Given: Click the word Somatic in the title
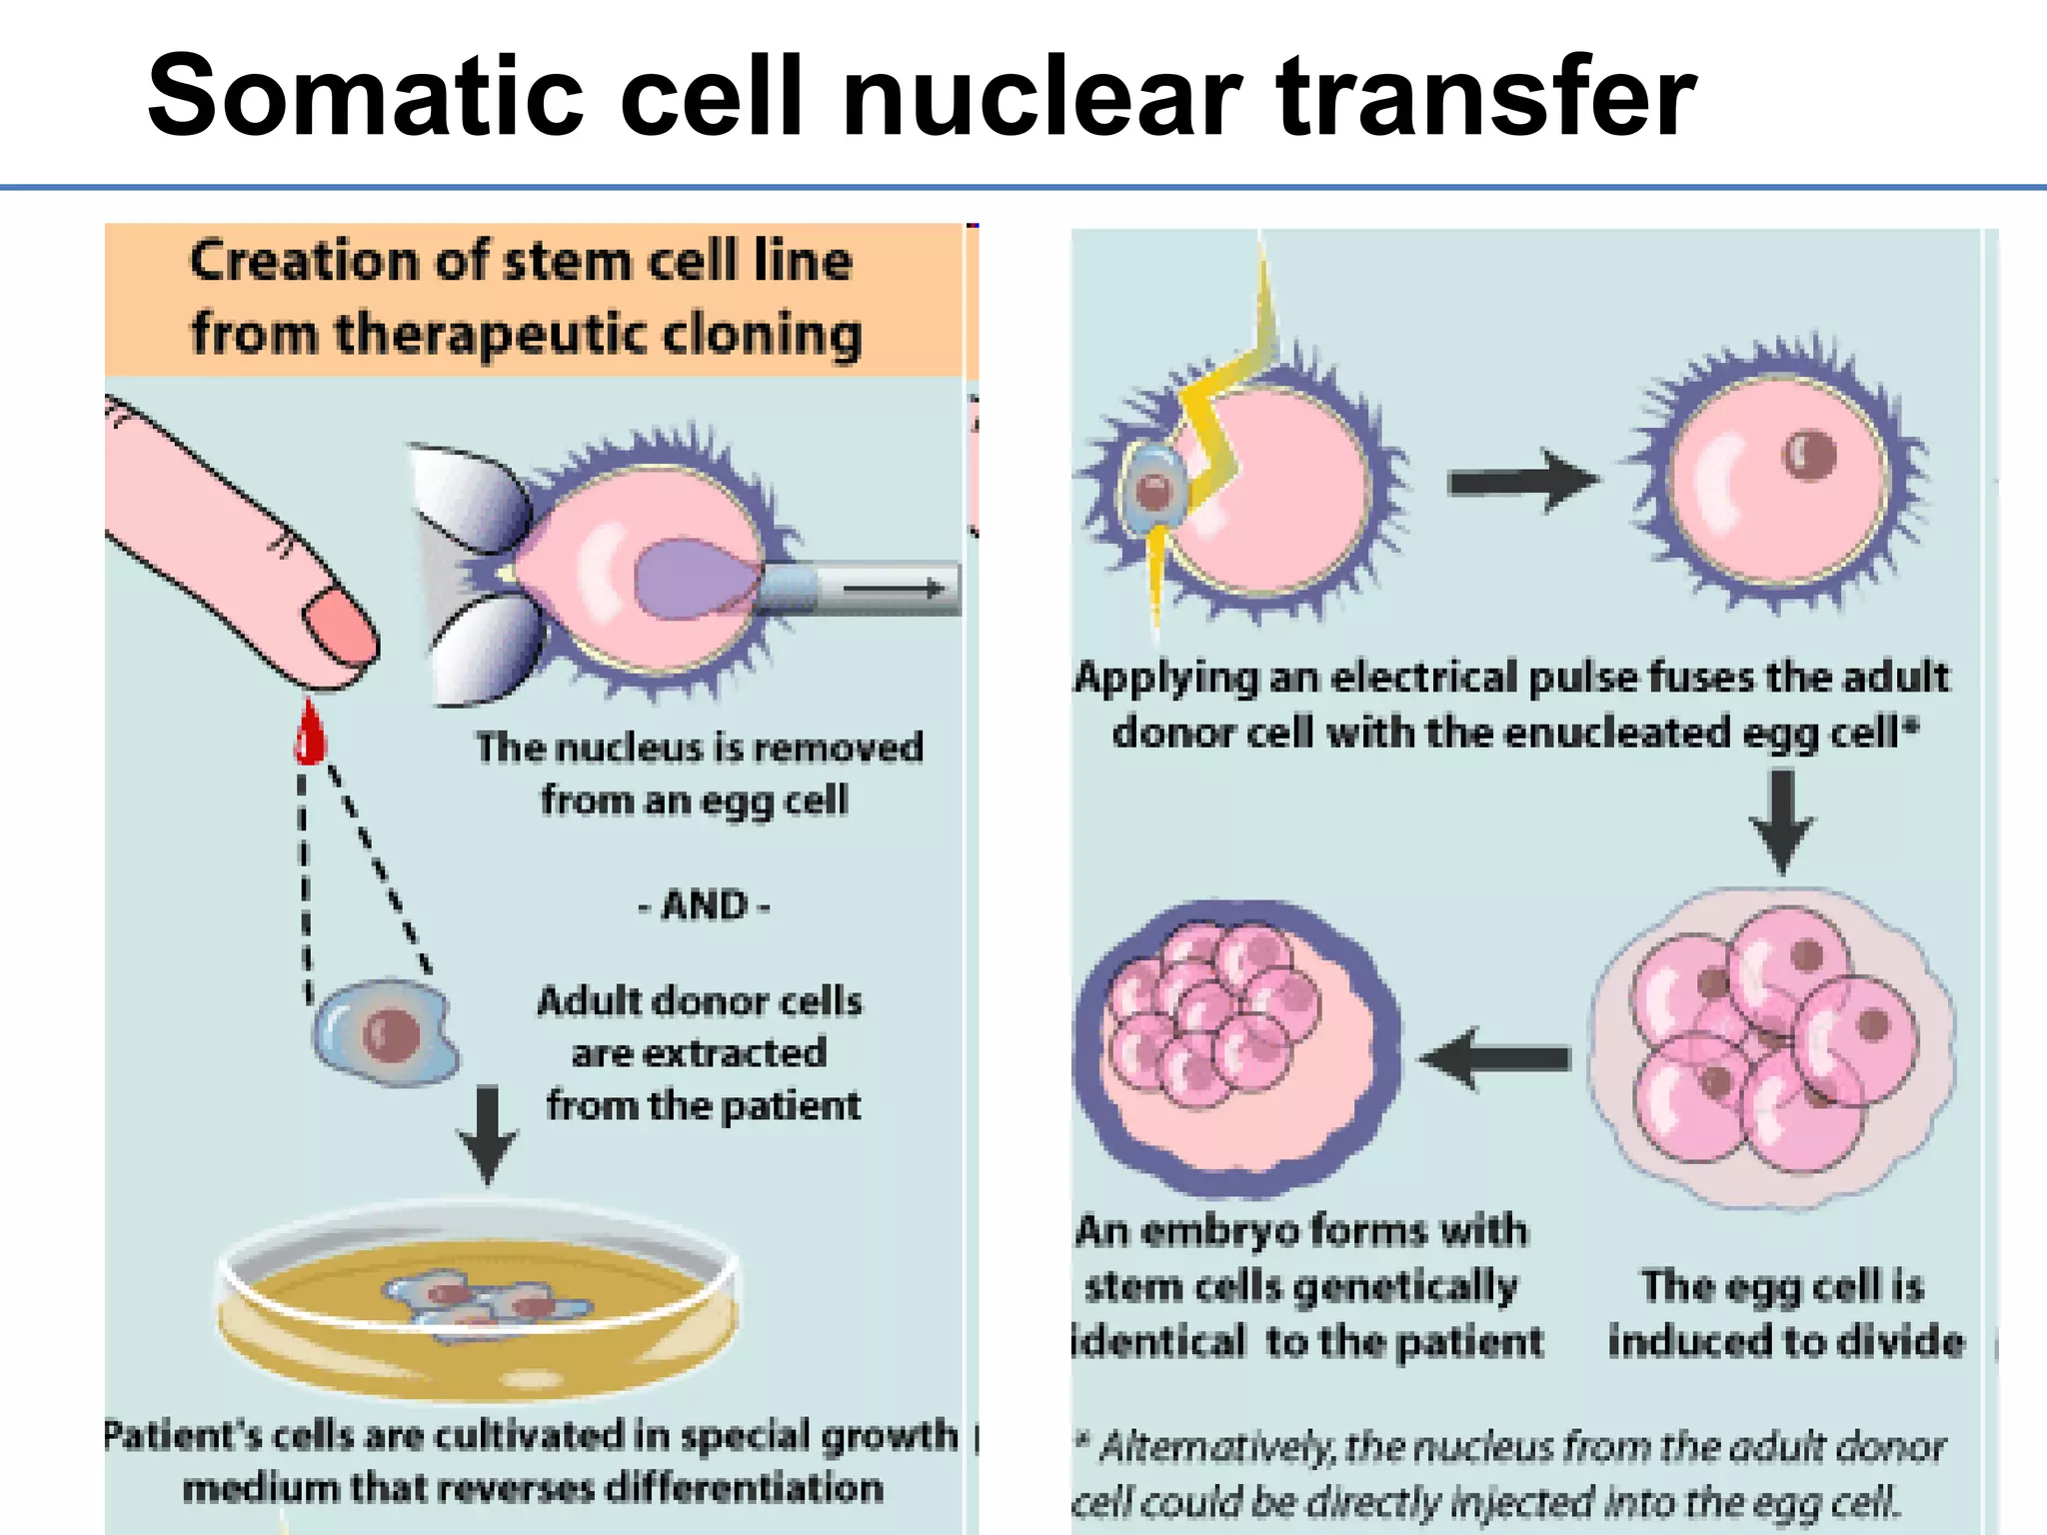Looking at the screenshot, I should [x=366, y=97].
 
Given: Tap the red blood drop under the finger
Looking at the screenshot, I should [x=310, y=736].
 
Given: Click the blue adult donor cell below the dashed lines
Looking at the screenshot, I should [x=386, y=1032].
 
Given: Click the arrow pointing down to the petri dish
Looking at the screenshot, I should [x=487, y=1134].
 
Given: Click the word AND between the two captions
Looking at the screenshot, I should [x=705, y=905].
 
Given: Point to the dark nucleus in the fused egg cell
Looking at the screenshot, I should [x=1809, y=455].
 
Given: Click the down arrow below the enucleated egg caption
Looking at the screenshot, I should [x=1782, y=819].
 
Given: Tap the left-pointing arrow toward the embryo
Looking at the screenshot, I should [x=1495, y=1057].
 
